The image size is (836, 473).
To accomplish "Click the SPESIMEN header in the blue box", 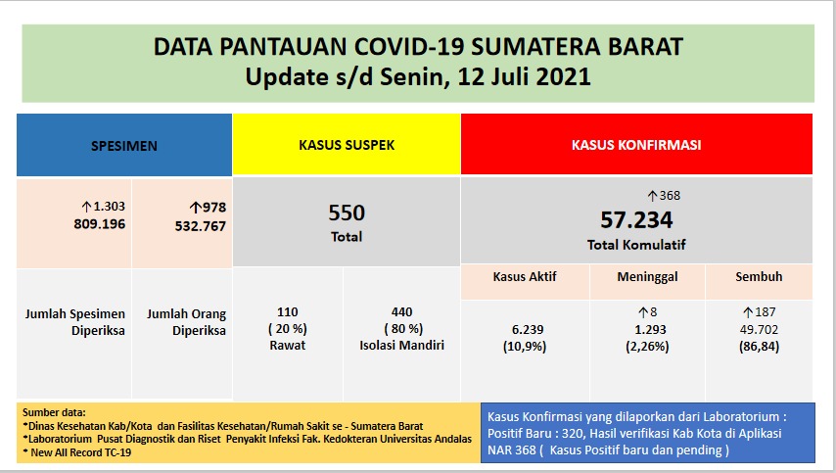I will click(x=123, y=146).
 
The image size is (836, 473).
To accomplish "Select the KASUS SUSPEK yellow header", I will click(x=347, y=144).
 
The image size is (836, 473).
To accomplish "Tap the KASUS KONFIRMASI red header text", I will click(x=635, y=144).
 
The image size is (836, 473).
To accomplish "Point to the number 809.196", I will click(x=100, y=224).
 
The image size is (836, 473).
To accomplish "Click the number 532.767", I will click(x=199, y=225).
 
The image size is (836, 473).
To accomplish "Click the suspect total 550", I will click(x=347, y=213).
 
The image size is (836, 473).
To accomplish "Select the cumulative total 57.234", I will click(x=636, y=219).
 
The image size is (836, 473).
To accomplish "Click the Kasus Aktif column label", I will click(x=524, y=276).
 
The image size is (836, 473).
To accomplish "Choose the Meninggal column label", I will click(x=647, y=276).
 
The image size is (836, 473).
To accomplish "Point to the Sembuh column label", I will click(x=759, y=276).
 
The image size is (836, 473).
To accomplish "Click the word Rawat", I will click(x=288, y=344).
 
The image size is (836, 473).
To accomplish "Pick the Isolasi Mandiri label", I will click(x=402, y=344).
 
